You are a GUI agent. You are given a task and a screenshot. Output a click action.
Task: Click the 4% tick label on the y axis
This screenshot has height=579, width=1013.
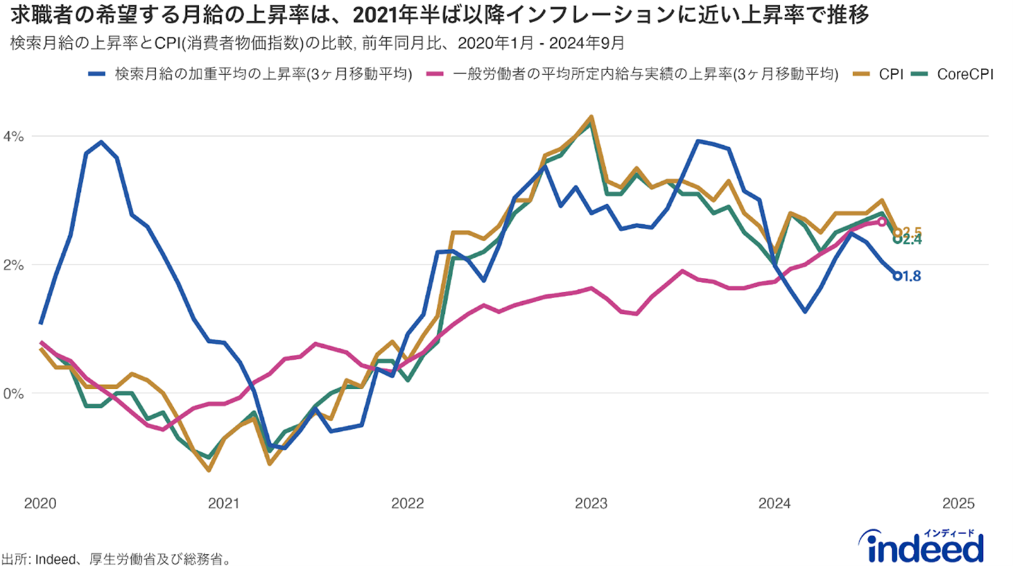point(13,136)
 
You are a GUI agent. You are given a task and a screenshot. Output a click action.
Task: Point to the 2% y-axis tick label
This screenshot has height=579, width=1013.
point(13,265)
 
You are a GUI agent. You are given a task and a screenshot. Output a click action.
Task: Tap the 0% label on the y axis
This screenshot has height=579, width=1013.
point(13,394)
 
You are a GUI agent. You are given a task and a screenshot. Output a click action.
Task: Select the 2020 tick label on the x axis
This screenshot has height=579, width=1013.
point(40,503)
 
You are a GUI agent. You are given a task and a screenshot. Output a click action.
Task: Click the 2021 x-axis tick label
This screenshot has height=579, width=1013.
point(223,503)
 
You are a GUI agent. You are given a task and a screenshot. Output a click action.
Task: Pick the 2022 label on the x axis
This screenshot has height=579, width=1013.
point(407,503)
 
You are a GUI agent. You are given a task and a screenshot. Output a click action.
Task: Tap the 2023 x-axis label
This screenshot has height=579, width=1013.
point(591,503)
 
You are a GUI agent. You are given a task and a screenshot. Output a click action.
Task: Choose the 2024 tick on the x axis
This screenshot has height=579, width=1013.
point(774,503)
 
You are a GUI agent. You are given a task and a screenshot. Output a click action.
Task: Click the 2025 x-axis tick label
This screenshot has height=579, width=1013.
point(958,503)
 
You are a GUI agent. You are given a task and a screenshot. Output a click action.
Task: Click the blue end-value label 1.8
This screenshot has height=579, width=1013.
point(911,276)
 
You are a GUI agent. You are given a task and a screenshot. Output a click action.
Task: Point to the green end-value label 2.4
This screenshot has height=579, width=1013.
point(912,240)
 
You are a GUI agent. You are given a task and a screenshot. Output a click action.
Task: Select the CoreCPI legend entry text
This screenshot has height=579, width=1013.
point(965,75)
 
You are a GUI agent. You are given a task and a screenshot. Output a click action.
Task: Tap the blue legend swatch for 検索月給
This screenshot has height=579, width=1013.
point(97,75)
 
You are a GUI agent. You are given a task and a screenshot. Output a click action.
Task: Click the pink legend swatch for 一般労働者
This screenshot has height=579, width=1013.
point(435,75)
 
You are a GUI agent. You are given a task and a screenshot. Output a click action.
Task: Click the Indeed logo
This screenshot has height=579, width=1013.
point(921,546)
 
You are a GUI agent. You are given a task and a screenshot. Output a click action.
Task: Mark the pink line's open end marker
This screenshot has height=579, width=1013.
point(882,222)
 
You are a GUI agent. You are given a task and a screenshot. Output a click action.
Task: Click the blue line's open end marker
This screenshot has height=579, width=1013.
point(897,276)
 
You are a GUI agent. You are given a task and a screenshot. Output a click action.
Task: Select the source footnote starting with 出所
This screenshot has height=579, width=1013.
point(117,559)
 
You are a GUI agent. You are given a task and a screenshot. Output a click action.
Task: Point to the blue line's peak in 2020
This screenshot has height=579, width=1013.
point(102,142)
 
